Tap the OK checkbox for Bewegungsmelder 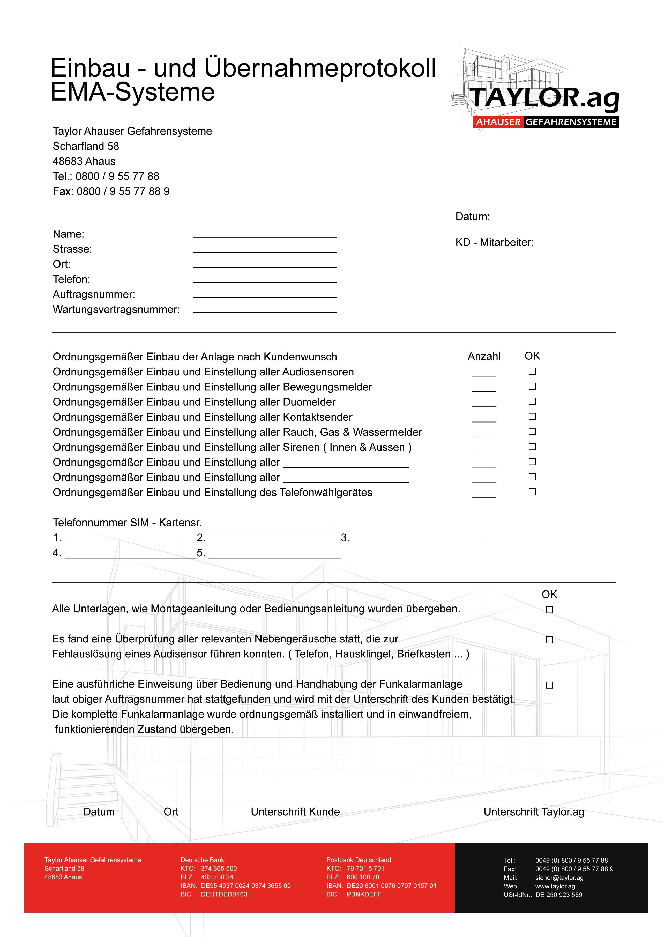(x=532, y=386)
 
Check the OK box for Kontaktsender (x=532, y=417)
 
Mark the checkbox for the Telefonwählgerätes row (x=532, y=492)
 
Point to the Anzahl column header (x=484, y=356)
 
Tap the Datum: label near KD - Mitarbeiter (x=472, y=217)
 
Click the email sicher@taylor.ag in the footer (x=559, y=878)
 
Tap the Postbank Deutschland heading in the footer (x=358, y=860)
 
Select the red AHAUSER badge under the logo (x=498, y=122)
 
